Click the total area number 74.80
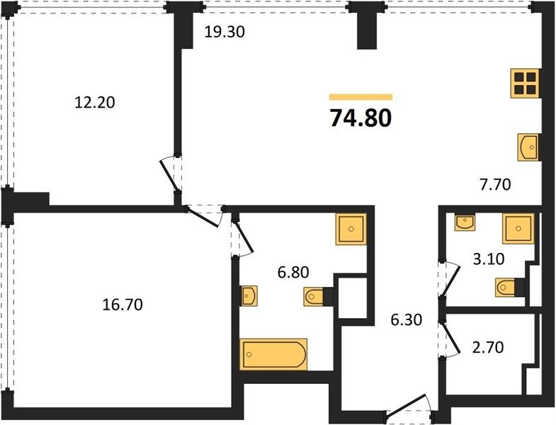point(361,118)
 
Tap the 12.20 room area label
point(95,103)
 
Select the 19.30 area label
point(225,33)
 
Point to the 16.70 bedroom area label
point(123,305)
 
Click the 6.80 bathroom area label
point(293,273)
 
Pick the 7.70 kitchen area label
point(495,184)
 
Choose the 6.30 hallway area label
point(407,320)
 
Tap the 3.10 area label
point(489,259)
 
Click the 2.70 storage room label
point(488,347)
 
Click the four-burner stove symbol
point(525,83)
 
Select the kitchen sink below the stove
point(528,147)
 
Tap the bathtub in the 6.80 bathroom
point(273,354)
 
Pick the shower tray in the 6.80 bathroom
point(351,229)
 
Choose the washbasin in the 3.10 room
point(465,222)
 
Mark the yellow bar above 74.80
point(361,97)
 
